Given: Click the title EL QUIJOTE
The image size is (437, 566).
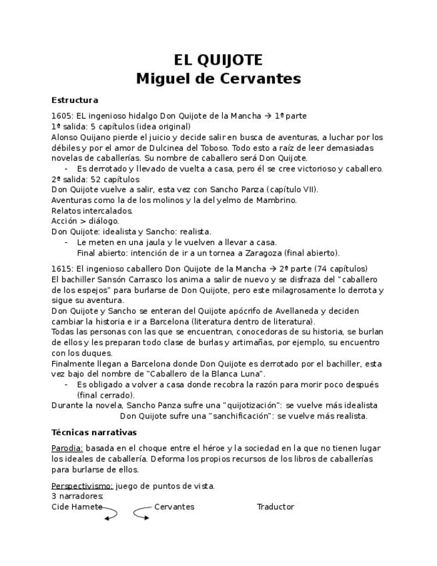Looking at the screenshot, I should [218, 60].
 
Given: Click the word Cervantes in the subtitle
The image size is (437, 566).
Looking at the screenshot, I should [262, 79].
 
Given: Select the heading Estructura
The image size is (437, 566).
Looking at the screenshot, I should [75, 100].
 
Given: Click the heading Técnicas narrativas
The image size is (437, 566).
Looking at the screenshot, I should [93, 433].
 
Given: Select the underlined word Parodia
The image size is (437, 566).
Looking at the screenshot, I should [67, 448].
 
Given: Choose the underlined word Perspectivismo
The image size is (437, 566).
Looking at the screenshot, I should [82, 486].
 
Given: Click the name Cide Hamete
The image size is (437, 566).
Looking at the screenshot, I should [77, 507].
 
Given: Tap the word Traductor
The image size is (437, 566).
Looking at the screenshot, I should [275, 507].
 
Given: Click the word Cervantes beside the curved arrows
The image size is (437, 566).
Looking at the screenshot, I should [174, 507].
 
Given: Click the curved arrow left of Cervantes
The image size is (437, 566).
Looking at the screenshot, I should [141, 513].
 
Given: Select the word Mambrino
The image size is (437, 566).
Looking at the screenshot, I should [275, 200].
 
